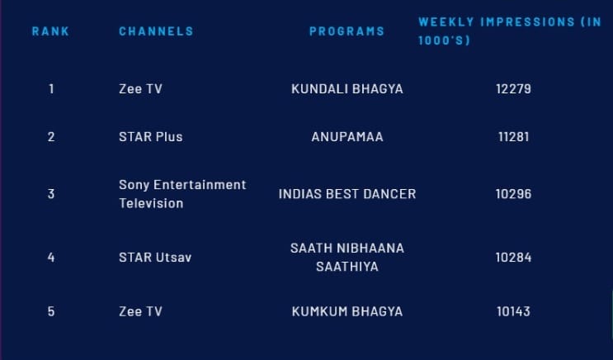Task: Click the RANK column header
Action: [x=50, y=31]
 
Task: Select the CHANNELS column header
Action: [x=156, y=31]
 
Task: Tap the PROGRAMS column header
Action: [x=347, y=31]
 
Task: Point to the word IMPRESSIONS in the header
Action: [x=527, y=22]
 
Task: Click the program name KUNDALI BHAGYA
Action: [x=347, y=89]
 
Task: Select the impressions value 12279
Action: [x=513, y=89]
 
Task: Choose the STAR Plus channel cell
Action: [x=150, y=137]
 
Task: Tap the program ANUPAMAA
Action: [x=347, y=137]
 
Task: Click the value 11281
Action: [x=513, y=137]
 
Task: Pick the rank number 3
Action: [x=51, y=194]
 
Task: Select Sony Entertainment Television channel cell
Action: [x=182, y=194]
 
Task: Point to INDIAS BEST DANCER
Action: [x=347, y=194]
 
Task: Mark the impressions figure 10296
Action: [x=513, y=194]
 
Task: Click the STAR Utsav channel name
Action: [x=155, y=258]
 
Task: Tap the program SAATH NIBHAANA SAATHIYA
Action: [x=347, y=258]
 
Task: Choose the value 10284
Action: [x=513, y=258]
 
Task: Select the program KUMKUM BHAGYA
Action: [x=347, y=311]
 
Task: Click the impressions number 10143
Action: [x=513, y=311]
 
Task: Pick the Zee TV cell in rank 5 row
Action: [x=140, y=311]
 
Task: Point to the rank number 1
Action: [x=51, y=89]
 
